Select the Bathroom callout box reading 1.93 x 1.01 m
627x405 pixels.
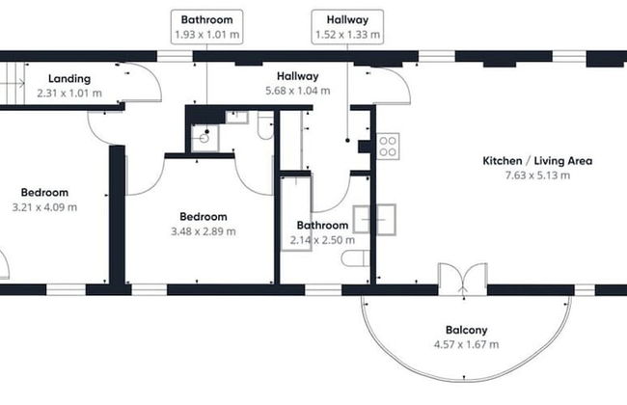click(x=206, y=27)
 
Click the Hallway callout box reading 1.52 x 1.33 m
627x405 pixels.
click(x=347, y=27)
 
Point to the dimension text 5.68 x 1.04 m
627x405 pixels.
click(x=297, y=91)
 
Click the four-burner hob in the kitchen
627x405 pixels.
click(x=389, y=146)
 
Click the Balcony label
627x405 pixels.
click(x=465, y=330)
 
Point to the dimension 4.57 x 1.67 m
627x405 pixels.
click(x=465, y=344)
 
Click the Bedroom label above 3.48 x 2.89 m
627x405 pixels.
click(x=203, y=216)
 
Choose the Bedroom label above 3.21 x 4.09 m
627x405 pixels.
click(x=44, y=192)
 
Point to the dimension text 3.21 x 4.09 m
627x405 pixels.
click(x=44, y=206)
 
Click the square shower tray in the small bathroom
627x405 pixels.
click(x=205, y=140)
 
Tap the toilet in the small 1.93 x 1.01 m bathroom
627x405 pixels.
click(x=265, y=125)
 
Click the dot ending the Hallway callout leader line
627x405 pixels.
click(x=347, y=142)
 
